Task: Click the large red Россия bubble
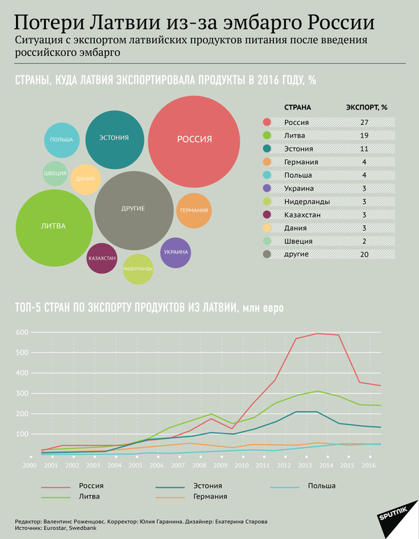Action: click(194, 140)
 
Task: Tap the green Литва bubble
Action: click(54, 226)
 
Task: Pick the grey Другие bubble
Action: click(133, 209)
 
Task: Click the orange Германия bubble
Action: click(193, 210)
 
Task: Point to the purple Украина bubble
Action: click(175, 252)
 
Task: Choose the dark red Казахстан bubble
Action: click(102, 258)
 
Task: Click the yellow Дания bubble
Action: click(86, 179)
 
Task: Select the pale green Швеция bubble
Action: click(54, 173)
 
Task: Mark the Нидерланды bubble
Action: click(138, 269)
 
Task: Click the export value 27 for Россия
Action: click(364, 122)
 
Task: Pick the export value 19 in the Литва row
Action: click(364, 135)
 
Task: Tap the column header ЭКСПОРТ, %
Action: click(367, 108)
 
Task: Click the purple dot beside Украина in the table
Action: click(266, 189)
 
